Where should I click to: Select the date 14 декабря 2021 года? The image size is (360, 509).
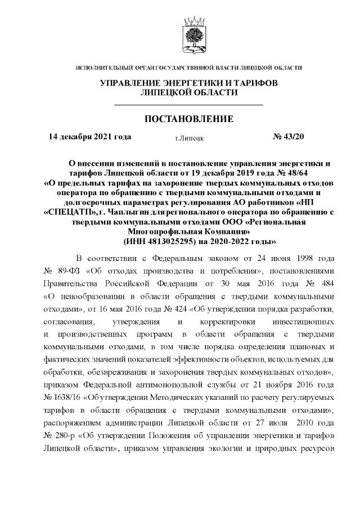coord(90,136)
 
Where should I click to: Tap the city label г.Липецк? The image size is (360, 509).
coord(189,137)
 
